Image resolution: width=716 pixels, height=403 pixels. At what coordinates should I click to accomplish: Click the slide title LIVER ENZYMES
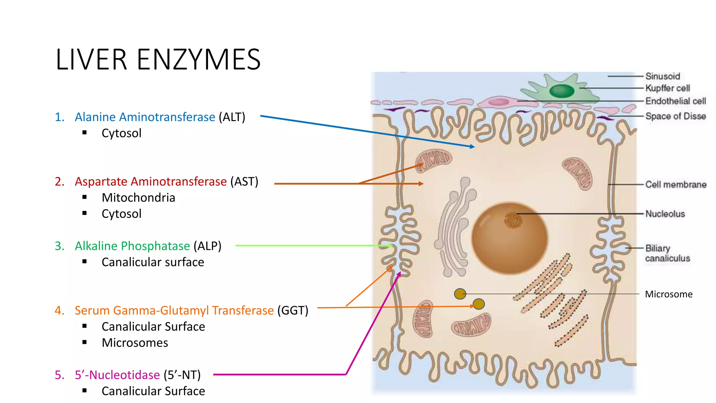pos(158,59)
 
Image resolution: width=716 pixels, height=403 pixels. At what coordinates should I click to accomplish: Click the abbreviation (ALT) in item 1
pos(232,117)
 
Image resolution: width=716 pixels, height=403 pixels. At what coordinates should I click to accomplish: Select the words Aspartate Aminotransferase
pos(151,182)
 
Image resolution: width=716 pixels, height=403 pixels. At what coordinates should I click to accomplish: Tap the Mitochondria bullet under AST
pos(138,198)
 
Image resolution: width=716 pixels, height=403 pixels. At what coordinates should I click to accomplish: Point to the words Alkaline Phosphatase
pos(132,246)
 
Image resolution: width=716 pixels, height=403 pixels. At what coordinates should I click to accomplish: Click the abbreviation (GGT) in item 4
pos(293,310)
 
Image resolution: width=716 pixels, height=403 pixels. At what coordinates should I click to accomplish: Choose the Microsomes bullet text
pos(135,343)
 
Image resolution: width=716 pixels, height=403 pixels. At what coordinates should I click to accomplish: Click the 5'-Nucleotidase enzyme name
pos(117,375)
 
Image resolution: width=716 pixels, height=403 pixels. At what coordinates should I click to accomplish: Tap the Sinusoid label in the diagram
pos(663,76)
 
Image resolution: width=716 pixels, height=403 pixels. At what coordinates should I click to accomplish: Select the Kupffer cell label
pos(667,88)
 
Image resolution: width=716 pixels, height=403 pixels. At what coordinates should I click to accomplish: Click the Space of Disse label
pos(675,116)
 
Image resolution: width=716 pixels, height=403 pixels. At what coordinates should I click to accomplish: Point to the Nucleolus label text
pos(665,214)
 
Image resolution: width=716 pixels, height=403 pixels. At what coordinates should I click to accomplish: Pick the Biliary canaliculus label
pos(667,253)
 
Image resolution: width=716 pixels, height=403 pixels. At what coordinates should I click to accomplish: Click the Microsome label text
pos(668,294)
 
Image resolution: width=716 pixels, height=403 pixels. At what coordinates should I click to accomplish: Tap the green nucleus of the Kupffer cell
pos(562,91)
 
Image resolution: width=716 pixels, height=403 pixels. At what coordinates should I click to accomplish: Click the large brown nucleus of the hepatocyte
pos(509,238)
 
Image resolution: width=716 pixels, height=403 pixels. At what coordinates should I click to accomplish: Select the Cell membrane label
pos(675,184)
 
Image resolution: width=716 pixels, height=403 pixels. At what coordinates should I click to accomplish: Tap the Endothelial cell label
pos(675,101)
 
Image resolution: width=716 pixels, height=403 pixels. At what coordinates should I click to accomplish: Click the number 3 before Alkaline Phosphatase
pos(59,246)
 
